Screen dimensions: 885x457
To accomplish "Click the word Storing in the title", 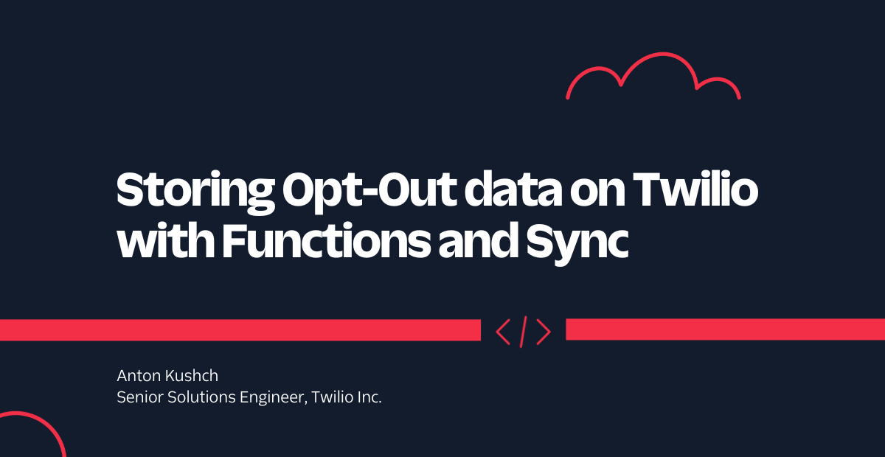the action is tap(195, 192).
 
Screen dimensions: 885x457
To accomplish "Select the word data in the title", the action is tap(513, 189).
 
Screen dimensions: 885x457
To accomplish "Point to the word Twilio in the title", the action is tap(695, 189).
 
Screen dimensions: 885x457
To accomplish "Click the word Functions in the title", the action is tap(326, 240).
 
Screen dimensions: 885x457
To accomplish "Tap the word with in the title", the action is tap(165, 240).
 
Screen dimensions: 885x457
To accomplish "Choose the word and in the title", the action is tap(478, 240).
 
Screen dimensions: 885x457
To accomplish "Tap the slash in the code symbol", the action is tap(523, 332).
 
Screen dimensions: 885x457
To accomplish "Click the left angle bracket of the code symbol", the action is tap(503, 332).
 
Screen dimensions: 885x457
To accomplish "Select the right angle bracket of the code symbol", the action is tap(544, 332).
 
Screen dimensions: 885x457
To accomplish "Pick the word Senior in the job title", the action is tap(140, 397).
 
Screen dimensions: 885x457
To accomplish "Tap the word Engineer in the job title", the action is tap(274, 398).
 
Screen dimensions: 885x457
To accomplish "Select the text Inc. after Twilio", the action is tap(369, 397).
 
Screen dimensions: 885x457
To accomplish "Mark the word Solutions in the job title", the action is tap(201, 397).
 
